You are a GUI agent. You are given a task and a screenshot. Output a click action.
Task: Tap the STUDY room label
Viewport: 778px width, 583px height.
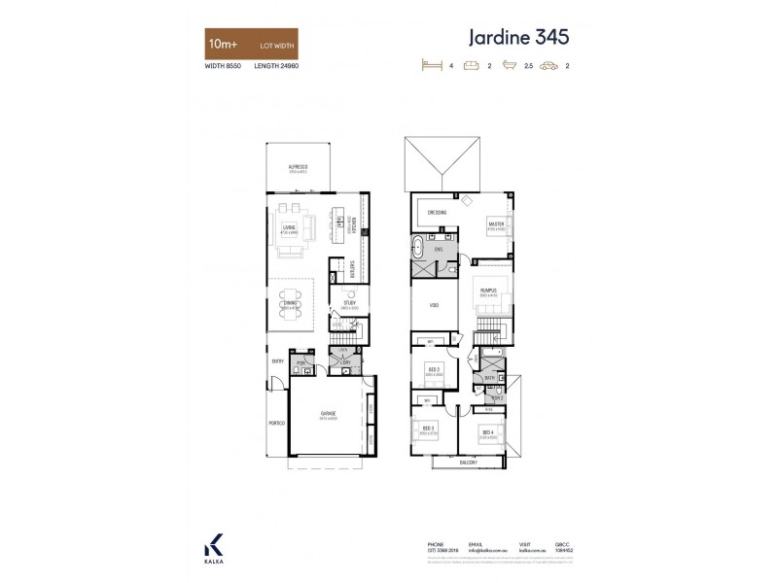click(x=347, y=303)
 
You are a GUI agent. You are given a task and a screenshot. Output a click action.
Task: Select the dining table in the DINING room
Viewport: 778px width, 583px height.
click(x=292, y=304)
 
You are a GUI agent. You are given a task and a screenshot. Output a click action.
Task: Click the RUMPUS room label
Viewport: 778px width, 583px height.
click(x=488, y=288)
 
